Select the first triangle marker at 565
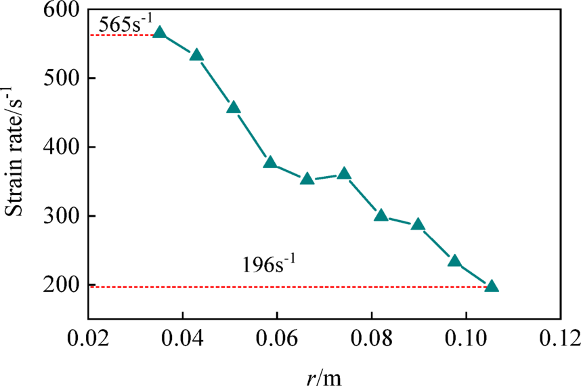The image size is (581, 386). tap(160, 33)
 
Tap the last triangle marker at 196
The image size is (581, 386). tap(492, 286)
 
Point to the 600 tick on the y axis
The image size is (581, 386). tap(62, 9)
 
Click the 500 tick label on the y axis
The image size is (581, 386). tap(62, 79)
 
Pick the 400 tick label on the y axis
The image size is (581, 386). tap(62, 148)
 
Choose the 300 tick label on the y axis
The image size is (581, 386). tap(62, 217)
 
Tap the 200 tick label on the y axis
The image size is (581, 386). tap(62, 286)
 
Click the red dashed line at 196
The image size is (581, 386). tap(271, 287)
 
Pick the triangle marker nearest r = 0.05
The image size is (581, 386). tap(234, 108)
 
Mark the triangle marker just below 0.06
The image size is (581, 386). tap(270, 163)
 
